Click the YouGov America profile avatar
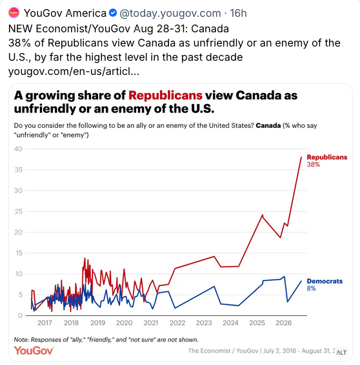(14, 12)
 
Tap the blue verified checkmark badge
(113, 13)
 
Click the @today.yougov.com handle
(170, 14)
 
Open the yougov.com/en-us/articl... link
(74, 71)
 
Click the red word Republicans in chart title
(165, 95)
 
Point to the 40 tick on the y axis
(18, 149)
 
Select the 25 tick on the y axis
(18, 211)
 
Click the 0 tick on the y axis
(21, 315)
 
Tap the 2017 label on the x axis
(45, 322)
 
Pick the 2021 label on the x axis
(150, 322)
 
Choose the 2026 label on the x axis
(283, 322)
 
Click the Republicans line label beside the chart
(327, 157)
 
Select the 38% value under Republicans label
(314, 164)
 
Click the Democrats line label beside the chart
(325, 281)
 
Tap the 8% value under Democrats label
(311, 288)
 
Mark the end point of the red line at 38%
(301, 157)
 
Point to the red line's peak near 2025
(263, 215)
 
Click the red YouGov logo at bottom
(34, 350)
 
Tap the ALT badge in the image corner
(341, 353)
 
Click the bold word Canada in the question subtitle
(268, 125)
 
